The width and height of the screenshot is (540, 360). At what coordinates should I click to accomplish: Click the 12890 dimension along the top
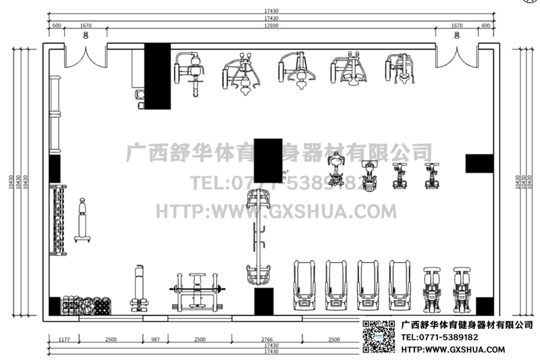pos(270,25)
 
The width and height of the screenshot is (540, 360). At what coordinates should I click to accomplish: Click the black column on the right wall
pos(479,163)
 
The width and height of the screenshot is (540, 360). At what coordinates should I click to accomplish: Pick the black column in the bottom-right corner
pos(485,306)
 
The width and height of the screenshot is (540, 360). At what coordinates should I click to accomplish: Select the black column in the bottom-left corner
pos(55,306)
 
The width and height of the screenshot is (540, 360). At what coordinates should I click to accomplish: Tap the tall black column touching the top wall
pos(158,76)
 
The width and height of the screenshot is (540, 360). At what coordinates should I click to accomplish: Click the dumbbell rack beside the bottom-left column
pos(86,306)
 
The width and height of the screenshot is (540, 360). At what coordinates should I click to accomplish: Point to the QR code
pos(380,338)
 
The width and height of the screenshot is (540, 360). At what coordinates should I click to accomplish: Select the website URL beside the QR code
pos(453,349)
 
